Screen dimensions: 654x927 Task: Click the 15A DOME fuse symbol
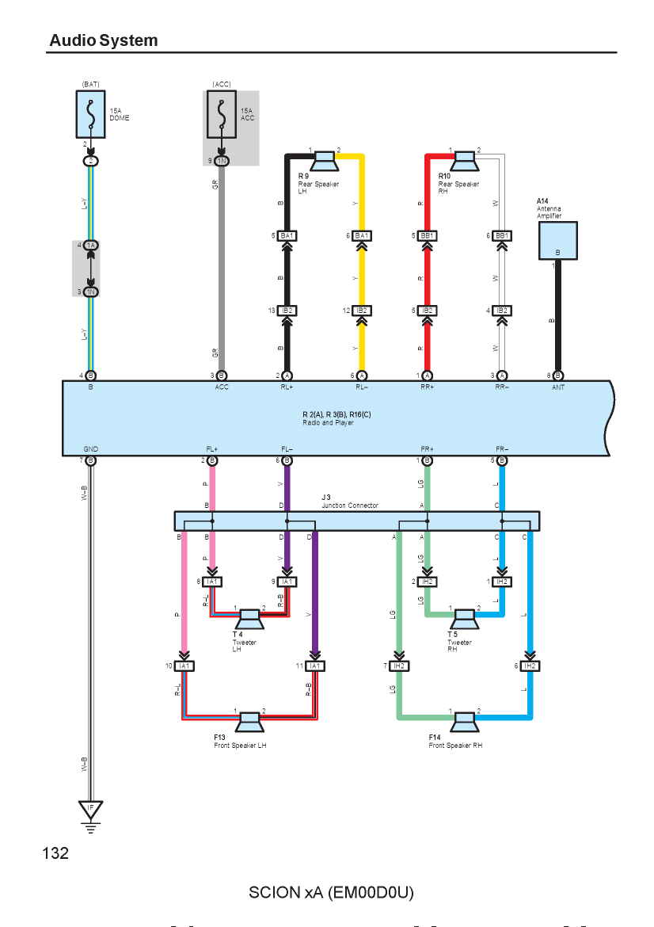coord(90,114)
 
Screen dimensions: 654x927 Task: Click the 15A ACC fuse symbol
coord(222,114)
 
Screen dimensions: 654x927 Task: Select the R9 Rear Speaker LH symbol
coord(324,161)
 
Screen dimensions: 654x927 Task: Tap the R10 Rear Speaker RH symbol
coord(464,161)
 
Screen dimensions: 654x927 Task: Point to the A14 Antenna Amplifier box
coord(557,241)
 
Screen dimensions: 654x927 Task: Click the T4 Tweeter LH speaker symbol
coord(249,619)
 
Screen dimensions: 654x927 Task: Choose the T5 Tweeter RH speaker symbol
coord(464,619)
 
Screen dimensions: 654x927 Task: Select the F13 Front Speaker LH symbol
coord(249,723)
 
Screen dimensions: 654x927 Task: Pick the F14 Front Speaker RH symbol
coord(464,723)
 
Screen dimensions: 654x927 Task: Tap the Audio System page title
coord(104,40)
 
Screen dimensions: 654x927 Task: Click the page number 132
coord(55,853)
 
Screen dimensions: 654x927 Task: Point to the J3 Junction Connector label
coord(350,502)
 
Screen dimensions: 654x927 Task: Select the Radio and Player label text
coord(328,423)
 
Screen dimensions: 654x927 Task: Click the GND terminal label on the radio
coord(90,449)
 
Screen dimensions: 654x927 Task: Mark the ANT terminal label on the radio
coord(558,387)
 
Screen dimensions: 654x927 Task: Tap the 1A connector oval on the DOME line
coord(90,245)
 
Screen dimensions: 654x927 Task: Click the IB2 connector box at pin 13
coord(287,311)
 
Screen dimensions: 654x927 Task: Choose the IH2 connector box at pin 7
coord(399,666)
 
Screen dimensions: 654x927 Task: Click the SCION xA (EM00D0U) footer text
coord(331,892)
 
